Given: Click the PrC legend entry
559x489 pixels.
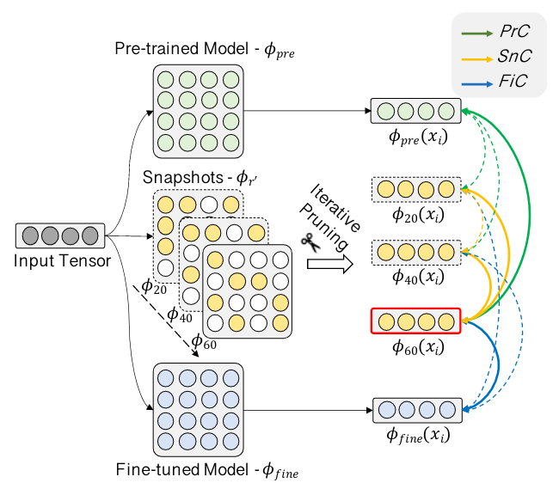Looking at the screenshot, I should [x=499, y=33].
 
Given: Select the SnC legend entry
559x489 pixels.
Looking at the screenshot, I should [x=499, y=56].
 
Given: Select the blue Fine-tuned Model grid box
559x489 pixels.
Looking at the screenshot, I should [x=198, y=408].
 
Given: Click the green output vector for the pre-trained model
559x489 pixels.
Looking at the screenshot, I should [x=415, y=112].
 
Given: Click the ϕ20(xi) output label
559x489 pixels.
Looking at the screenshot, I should [x=416, y=216].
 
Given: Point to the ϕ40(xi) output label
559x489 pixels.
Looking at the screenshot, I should [x=416, y=278].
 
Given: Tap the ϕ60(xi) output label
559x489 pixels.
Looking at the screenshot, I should [x=416, y=349].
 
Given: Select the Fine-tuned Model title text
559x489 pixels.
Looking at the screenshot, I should [x=206, y=470].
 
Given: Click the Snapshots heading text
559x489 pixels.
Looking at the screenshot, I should [x=200, y=177].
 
